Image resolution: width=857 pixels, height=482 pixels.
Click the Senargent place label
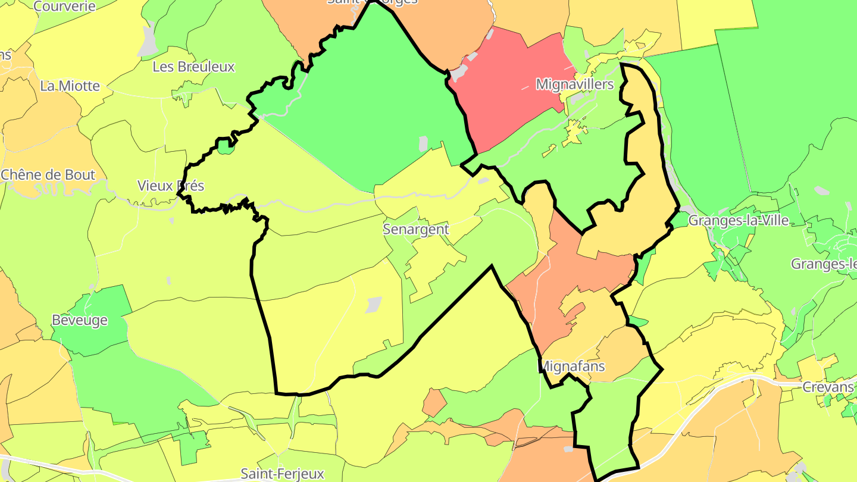pos(415,229)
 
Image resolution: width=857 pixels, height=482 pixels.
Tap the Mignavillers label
pos(574,84)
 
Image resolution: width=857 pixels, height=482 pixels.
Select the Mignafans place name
pos(573,366)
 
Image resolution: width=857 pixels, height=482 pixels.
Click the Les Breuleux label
pos(193,67)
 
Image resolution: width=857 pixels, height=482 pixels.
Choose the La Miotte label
pos(70,86)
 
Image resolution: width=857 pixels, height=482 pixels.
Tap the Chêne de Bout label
pos(48,175)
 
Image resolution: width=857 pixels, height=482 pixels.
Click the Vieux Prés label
pos(170,186)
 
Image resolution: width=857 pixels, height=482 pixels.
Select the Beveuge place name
pos(80,320)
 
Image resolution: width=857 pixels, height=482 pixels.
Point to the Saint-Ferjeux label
pos(282,474)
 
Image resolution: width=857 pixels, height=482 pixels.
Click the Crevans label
pos(828,387)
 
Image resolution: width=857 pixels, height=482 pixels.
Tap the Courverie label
pos(65,7)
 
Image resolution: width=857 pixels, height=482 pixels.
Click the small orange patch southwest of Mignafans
pos(434,403)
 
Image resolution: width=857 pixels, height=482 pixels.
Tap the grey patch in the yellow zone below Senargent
pos(373,305)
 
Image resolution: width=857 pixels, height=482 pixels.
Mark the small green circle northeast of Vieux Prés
pos(224,146)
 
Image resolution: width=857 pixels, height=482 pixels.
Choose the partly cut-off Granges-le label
pos(824,264)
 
